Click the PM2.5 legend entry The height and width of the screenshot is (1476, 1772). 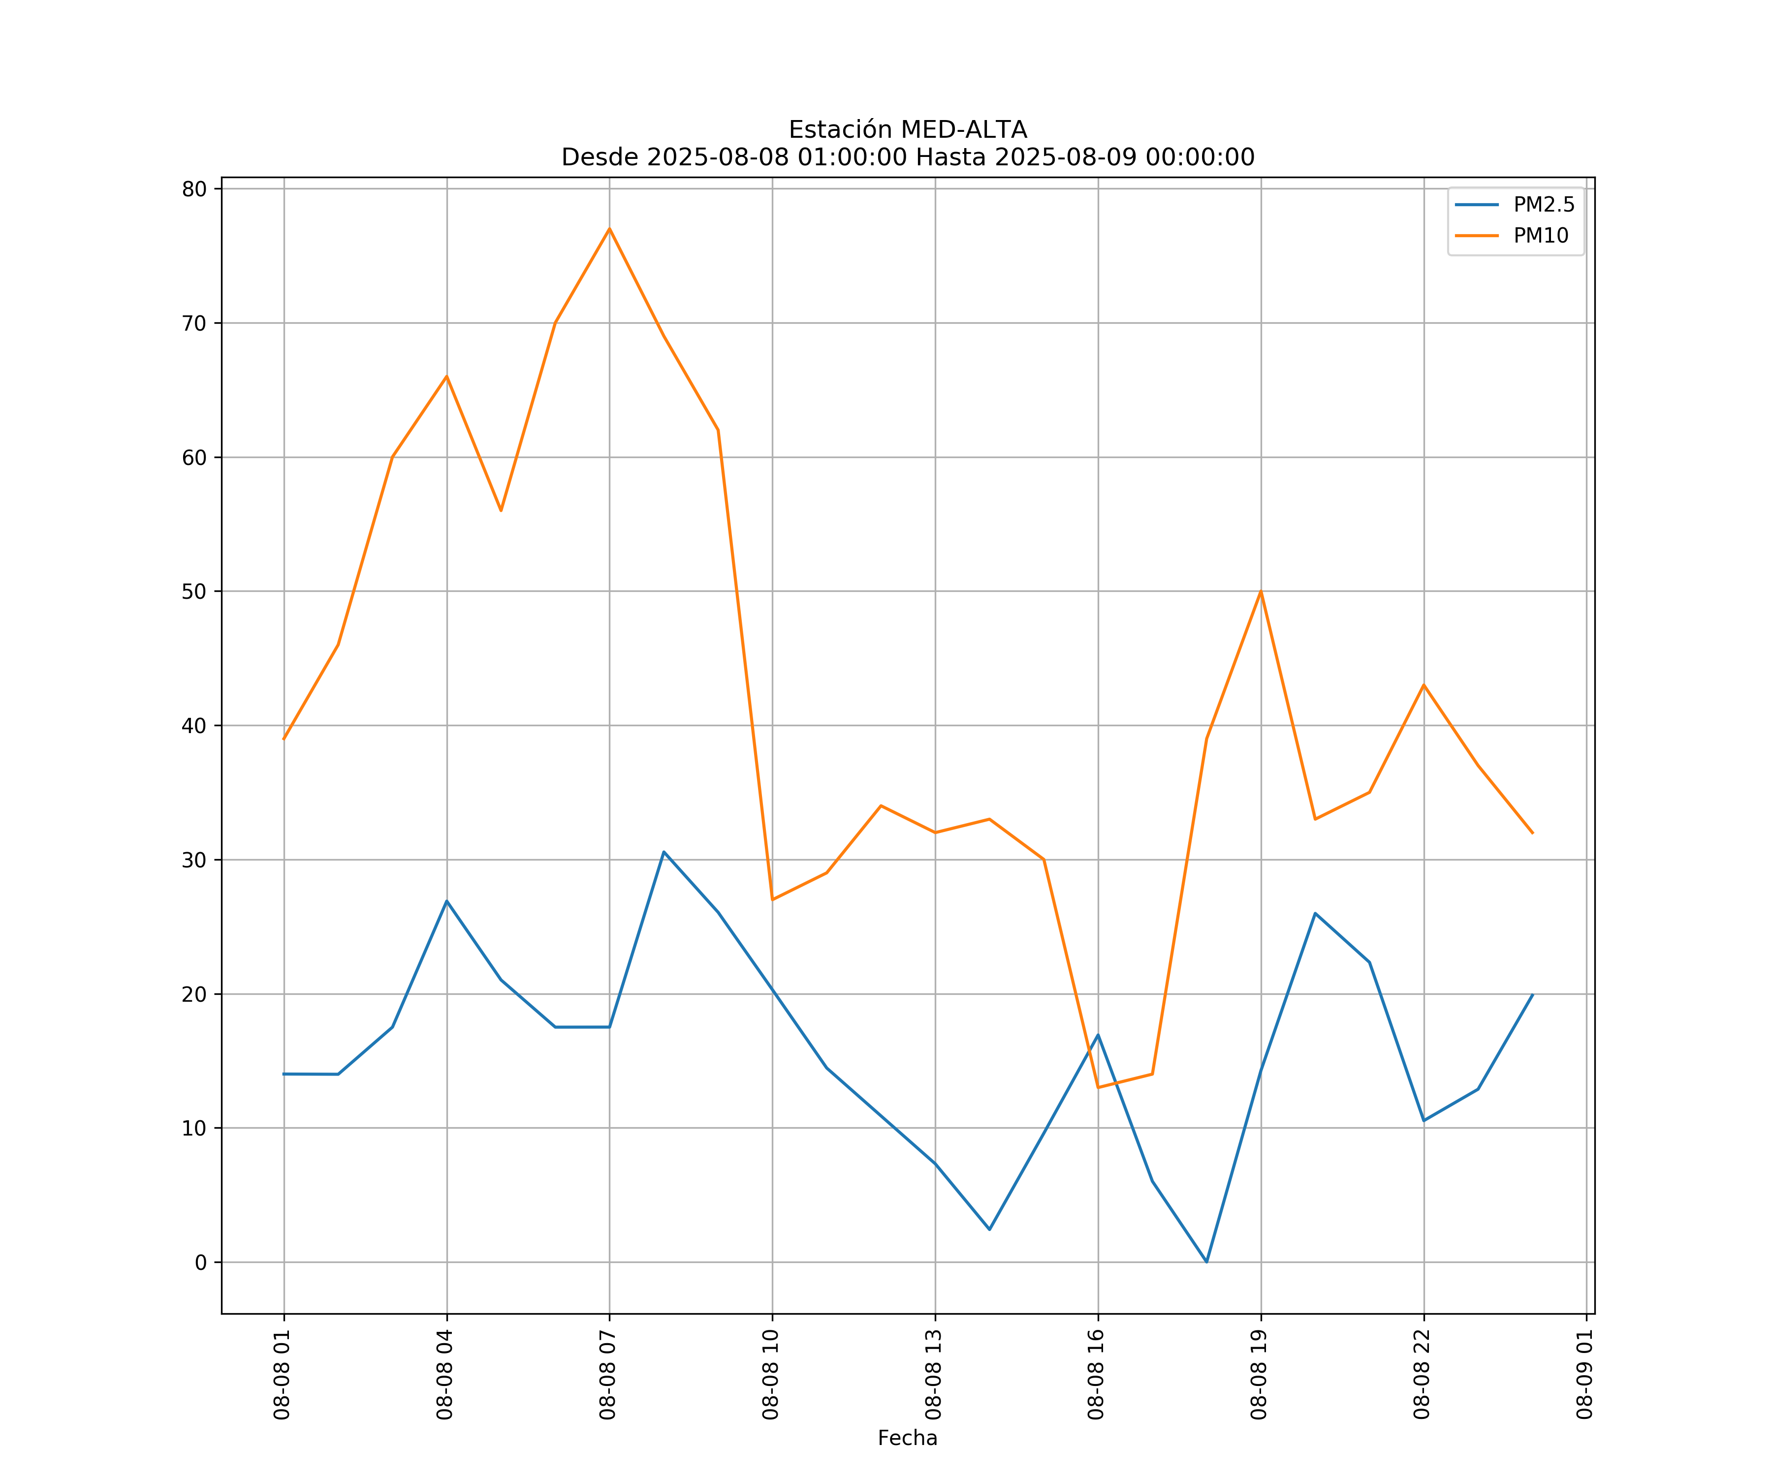pyautogui.click(x=1543, y=205)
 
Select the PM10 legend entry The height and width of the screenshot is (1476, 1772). pyautogui.click(x=1540, y=236)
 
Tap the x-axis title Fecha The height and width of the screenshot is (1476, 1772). pyautogui.click(x=907, y=1438)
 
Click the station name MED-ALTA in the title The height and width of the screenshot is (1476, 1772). pyautogui.click(x=964, y=130)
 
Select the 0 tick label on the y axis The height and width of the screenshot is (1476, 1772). pyautogui.click(x=201, y=1262)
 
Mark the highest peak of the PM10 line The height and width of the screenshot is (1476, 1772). pyautogui.click(x=609, y=229)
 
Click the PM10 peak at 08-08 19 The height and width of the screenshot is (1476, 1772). pyautogui.click(x=1261, y=591)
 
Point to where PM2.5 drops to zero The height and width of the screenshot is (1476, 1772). pyautogui.click(x=1206, y=1262)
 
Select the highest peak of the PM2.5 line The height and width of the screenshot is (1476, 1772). pyautogui.click(x=664, y=852)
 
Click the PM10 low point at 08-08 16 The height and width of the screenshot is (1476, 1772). pyautogui.click(x=1098, y=1088)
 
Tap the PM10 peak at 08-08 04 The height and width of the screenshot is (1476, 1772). pyautogui.click(x=446, y=376)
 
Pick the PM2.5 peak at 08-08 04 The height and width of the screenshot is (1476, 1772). pyautogui.click(x=446, y=901)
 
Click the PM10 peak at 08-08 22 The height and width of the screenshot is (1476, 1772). pyautogui.click(x=1424, y=685)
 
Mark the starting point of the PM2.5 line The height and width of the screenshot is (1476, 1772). pyautogui.click(x=284, y=1074)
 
